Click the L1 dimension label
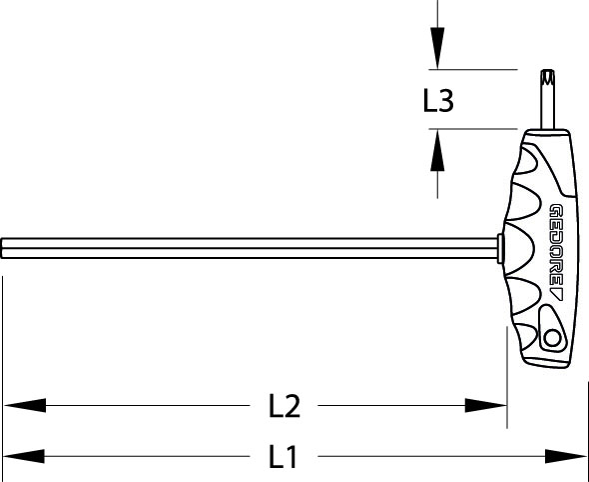click(x=284, y=457)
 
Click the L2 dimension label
click(x=285, y=406)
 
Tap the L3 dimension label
click(x=438, y=100)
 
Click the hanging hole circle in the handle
click(x=552, y=338)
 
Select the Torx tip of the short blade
click(x=548, y=77)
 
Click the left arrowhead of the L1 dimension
click(x=24, y=456)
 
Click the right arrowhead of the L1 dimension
click(x=565, y=456)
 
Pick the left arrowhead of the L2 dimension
click(x=25, y=405)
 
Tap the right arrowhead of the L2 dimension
click(x=486, y=405)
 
